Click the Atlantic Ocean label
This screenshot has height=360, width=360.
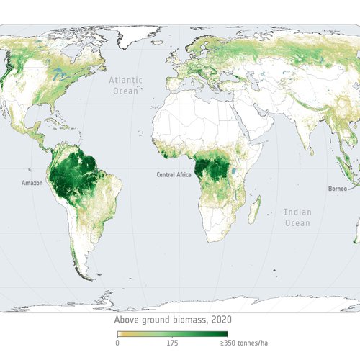pyautogui.click(x=125, y=86)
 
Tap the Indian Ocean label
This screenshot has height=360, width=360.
pyautogui.click(x=297, y=217)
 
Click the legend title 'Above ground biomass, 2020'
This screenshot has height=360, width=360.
pyautogui.click(x=173, y=320)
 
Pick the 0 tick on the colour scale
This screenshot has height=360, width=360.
pyautogui.click(x=118, y=343)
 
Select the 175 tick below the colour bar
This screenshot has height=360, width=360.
pyautogui.click(x=173, y=343)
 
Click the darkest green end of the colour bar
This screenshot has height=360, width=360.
pyautogui.click(x=225, y=334)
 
